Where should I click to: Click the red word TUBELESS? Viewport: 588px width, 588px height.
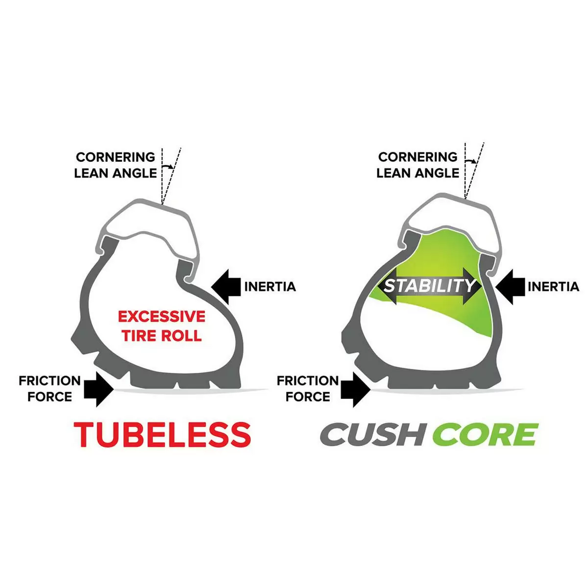[x=162, y=434]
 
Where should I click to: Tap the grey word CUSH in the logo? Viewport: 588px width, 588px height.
[x=371, y=434]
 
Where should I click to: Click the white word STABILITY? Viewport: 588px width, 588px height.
[x=429, y=286]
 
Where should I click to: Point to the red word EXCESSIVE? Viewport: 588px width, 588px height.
[x=162, y=317]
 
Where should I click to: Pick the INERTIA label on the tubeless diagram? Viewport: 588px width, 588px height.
[x=270, y=287]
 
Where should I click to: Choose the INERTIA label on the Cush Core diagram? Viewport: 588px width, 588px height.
[x=553, y=287]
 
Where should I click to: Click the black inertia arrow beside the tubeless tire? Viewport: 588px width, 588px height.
[x=228, y=286]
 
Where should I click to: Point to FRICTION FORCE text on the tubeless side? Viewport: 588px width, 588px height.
[x=49, y=389]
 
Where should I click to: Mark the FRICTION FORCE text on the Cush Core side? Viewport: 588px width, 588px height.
[x=308, y=389]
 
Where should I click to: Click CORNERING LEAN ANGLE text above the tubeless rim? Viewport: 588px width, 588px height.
[x=116, y=165]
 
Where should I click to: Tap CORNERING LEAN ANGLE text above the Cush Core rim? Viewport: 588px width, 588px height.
[x=418, y=165]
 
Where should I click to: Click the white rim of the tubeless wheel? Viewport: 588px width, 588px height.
[x=147, y=223]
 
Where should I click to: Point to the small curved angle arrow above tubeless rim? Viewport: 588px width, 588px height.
[x=168, y=167]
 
